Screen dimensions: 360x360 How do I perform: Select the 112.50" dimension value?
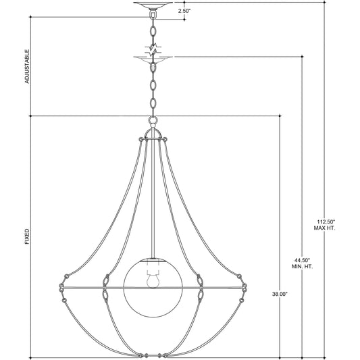[325, 222]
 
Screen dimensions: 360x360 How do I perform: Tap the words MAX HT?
[325, 228]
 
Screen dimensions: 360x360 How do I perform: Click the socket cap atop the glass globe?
[153, 260]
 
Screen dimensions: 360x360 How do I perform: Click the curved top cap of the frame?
[153, 134]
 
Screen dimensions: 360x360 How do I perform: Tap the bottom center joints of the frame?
[153, 354]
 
